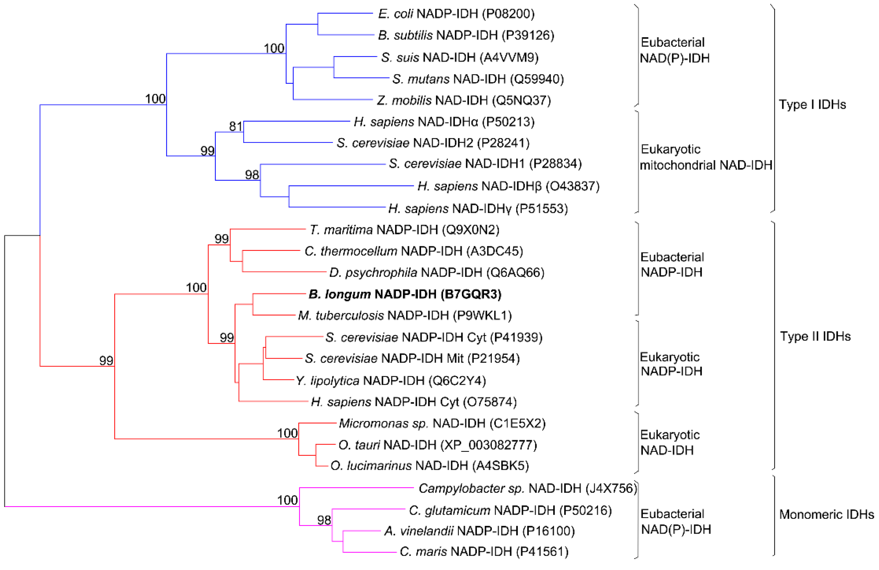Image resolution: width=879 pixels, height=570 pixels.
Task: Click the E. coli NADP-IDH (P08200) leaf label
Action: click(x=456, y=14)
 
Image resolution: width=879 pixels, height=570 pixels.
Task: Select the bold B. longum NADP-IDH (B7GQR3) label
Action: click(x=405, y=294)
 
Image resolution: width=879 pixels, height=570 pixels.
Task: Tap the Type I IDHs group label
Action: click(x=812, y=104)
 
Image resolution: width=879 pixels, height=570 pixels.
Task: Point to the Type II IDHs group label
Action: click(x=815, y=336)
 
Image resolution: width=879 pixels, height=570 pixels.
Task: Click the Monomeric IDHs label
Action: click(x=827, y=514)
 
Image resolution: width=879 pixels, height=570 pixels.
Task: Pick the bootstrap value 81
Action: click(x=236, y=126)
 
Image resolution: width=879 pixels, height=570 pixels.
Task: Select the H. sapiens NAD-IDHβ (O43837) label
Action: click(x=508, y=186)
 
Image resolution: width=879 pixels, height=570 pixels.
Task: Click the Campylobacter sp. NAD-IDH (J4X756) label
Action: click(x=528, y=488)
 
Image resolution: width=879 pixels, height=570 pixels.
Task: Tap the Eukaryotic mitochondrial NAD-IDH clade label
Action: click(x=705, y=157)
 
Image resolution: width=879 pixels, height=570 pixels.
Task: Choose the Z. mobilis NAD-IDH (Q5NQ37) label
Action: click(x=464, y=100)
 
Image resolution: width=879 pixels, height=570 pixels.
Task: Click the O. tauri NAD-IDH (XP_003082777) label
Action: click(x=438, y=445)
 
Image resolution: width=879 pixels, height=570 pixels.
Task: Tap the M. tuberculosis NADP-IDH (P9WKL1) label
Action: click(x=405, y=315)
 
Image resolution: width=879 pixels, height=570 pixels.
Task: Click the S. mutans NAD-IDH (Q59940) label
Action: click(x=478, y=79)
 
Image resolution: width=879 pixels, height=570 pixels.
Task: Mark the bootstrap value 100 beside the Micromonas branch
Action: click(x=287, y=433)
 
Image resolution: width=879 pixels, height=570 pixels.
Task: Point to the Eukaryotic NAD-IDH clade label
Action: click(x=670, y=443)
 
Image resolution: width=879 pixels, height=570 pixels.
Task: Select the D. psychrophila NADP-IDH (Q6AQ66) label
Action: click(x=437, y=273)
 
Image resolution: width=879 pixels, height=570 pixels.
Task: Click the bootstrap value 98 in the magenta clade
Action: click(x=324, y=520)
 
